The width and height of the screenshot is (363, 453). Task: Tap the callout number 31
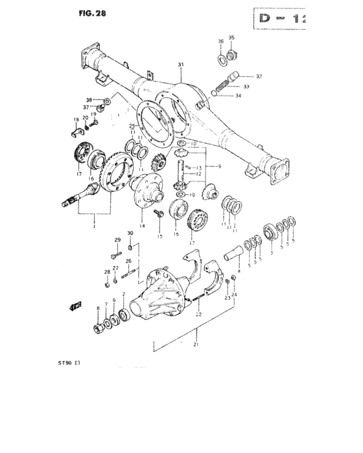click(181, 64)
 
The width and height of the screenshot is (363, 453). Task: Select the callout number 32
click(259, 76)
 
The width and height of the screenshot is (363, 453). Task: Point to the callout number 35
click(231, 38)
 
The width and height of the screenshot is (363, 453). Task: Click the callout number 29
click(118, 240)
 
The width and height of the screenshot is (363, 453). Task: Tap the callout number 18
click(76, 120)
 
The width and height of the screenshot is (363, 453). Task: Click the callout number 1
click(95, 227)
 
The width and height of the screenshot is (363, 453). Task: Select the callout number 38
click(90, 100)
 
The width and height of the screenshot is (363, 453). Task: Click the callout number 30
click(130, 233)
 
